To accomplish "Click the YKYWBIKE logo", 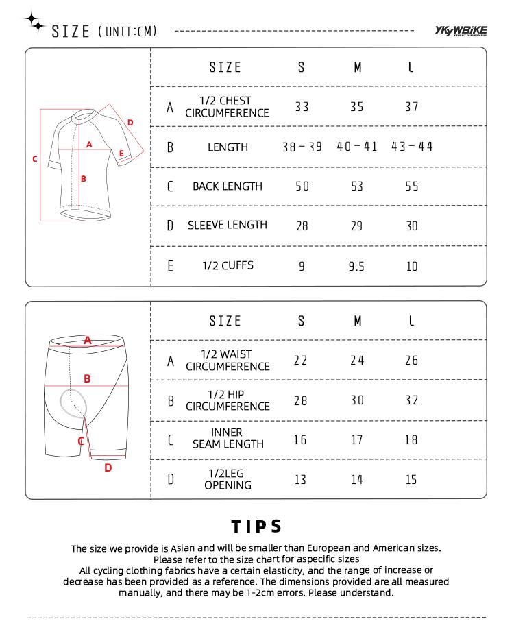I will (x=461, y=30).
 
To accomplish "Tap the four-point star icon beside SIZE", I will (x=34, y=23).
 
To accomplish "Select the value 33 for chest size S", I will (x=302, y=107).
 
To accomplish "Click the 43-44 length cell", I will (x=412, y=147).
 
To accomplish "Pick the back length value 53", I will (x=356, y=186).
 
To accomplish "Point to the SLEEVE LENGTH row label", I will (x=228, y=225).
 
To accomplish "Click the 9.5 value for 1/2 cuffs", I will (x=356, y=267).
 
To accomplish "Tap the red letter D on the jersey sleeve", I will (x=130, y=123).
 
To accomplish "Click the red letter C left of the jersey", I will (x=35, y=159).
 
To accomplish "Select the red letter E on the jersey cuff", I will (x=121, y=154).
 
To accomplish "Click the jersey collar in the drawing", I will (x=82, y=113).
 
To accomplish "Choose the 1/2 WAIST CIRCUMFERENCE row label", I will (x=228, y=361).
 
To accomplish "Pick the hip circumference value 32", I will (x=411, y=400).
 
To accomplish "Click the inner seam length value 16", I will (x=300, y=439).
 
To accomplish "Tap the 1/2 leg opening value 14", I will (x=356, y=479).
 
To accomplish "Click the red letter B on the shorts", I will (x=87, y=378).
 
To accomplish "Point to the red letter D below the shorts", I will (x=108, y=468).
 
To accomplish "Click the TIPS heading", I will (x=257, y=526).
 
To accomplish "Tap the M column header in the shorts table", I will (x=357, y=321).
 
